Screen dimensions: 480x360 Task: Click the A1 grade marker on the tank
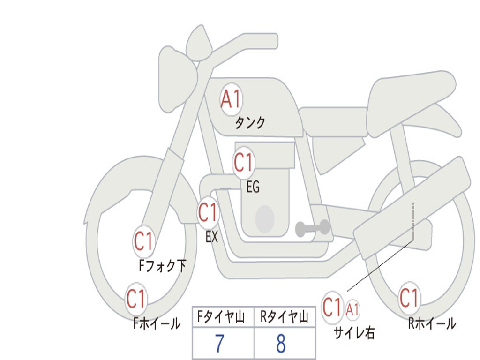click(231, 99)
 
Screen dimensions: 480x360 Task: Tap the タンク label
click(250, 123)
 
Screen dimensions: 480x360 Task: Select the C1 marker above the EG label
click(243, 163)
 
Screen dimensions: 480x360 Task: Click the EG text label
click(253, 187)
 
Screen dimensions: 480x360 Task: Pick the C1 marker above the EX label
click(208, 213)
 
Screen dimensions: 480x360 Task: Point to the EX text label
click(212, 237)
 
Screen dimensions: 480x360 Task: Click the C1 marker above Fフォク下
click(143, 242)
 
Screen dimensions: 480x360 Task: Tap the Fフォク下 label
click(162, 266)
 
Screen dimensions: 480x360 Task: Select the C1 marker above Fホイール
click(136, 299)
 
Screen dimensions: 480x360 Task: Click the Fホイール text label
click(157, 323)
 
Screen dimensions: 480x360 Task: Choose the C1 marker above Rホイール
click(409, 298)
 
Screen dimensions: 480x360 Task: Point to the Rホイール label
click(432, 323)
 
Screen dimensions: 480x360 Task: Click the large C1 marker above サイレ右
click(332, 308)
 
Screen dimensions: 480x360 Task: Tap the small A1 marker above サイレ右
click(353, 309)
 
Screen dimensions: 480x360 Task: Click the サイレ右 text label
click(354, 333)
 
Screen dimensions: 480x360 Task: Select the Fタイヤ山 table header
click(223, 318)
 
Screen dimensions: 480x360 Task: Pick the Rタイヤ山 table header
click(284, 318)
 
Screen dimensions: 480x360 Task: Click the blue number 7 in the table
click(219, 344)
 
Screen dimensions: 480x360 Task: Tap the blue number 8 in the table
click(281, 344)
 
